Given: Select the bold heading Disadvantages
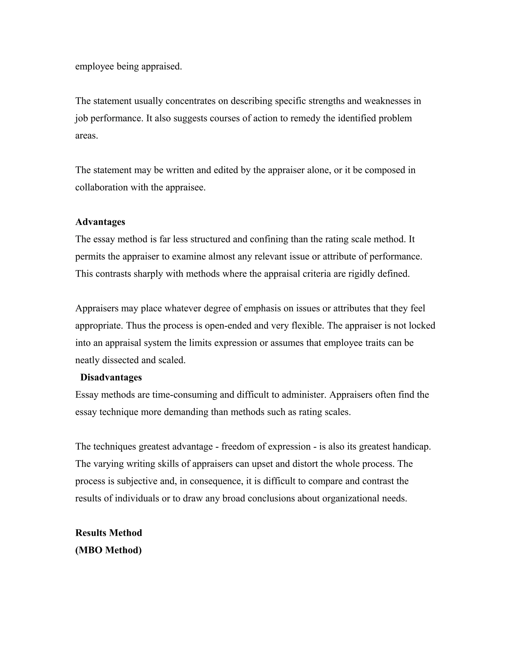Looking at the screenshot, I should click(111, 377).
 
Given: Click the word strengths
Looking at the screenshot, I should click(326, 101).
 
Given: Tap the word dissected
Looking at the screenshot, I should click(120, 360).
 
